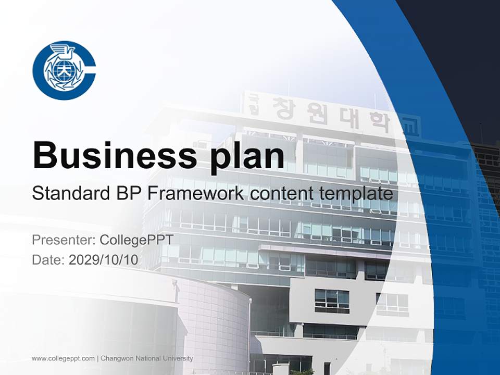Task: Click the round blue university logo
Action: pos(64,70)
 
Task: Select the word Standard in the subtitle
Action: pos(70,194)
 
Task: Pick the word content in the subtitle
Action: pos(282,194)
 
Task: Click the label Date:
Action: pos(48,259)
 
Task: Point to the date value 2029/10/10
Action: pos(104,259)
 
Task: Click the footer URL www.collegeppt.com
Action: pos(63,358)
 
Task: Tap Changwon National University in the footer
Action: pos(146,358)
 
